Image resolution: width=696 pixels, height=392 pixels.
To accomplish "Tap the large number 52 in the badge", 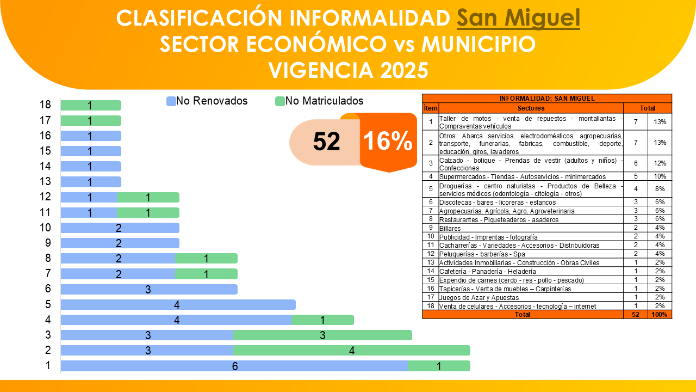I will pos(326,142).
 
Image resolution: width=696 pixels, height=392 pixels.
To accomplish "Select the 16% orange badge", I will pos(388,142).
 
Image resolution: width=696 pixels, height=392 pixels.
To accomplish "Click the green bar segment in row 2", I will pos(352,351).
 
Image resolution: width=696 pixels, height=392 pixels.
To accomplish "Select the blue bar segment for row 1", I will pos(234,366).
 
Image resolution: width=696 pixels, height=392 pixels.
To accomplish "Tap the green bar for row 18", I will pos(91,106).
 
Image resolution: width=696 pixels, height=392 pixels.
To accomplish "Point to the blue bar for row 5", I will pos(178,305).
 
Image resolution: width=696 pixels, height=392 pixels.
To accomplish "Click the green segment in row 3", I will pos(322,335).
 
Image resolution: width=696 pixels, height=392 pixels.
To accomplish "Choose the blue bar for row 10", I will pos(120,228).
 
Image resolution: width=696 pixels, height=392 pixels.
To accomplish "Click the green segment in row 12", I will pos(148,198).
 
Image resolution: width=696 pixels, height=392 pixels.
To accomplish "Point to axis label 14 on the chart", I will pos(46,167).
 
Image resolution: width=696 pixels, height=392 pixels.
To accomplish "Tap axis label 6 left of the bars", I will pos(48,289).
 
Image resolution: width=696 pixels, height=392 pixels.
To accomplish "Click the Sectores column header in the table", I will pos(531,108).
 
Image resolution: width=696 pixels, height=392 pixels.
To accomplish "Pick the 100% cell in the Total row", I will pos(660,315).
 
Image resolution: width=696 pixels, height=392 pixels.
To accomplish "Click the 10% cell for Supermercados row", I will pos(660,176).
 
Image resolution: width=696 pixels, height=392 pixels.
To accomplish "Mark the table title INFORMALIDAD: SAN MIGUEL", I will pos(547,99).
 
